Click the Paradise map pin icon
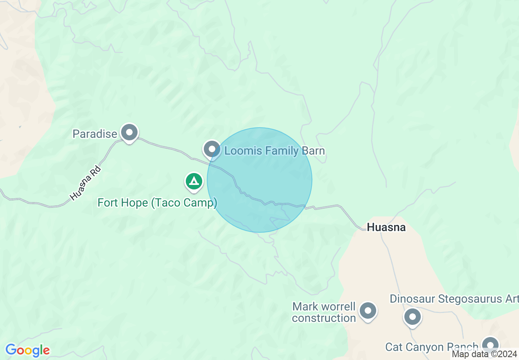[x=130, y=133]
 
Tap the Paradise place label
[x=95, y=134]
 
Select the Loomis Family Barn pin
[x=212, y=148]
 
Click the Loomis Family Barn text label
[x=274, y=151]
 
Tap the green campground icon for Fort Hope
[x=194, y=181]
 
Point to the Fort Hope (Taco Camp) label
[x=157, y=202]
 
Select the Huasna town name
[x=386, y=227]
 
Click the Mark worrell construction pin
[x=368, y=311]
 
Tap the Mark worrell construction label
[x=324, y=312]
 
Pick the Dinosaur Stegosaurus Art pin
[x=413, y=317]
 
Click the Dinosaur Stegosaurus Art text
[x=454, y=299]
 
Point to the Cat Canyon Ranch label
[x=431, y=347]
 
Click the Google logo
[x=27, y=350]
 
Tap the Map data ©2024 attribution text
[x=484, y=354]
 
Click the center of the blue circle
[x=259, y=180]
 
